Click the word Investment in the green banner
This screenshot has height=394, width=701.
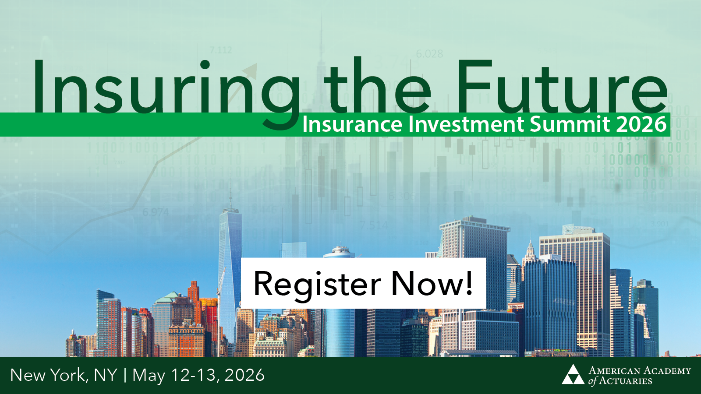(467, 124)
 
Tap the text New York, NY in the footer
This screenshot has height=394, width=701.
(64, 375)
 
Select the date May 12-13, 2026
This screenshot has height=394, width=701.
(198, 375)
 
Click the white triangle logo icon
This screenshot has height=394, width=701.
(573, 374)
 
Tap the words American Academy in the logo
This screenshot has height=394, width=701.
(640, 371)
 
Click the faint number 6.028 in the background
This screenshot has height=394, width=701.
(429, 54)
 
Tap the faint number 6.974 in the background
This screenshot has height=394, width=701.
(156, 212)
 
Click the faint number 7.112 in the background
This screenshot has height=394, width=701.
(220, 50)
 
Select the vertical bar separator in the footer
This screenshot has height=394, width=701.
(125, 375)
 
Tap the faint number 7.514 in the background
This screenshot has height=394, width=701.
(374, 225)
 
